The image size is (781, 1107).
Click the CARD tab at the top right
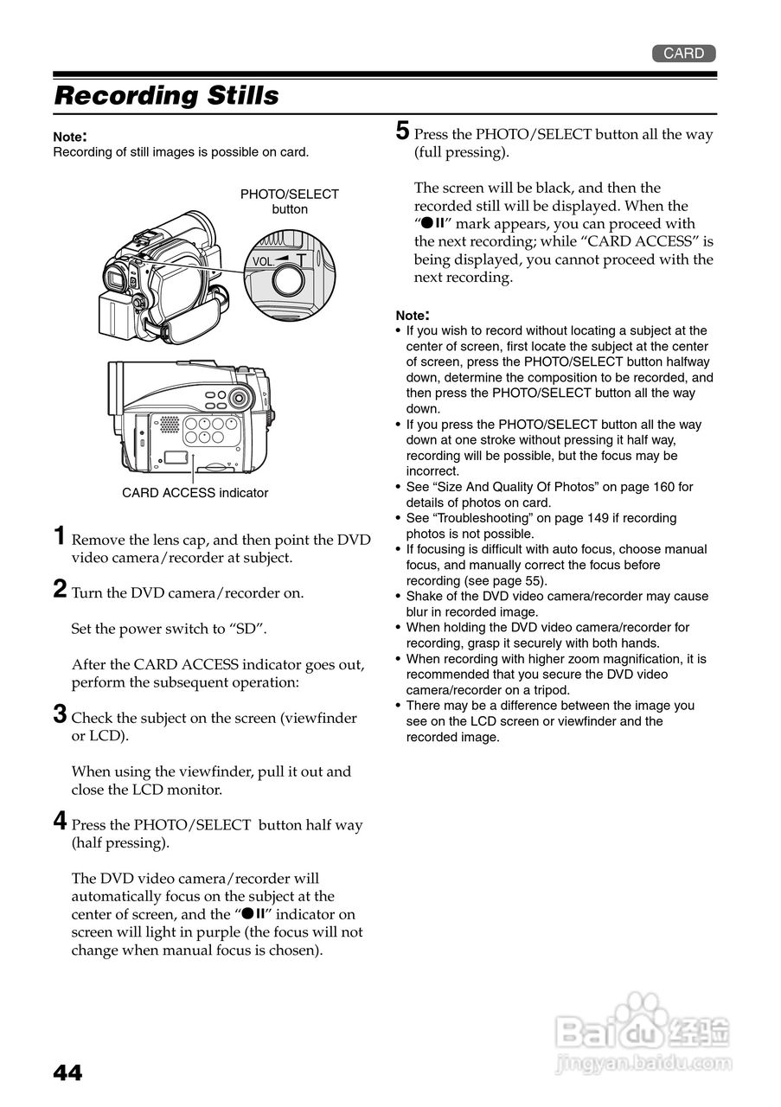(x=683, y=54)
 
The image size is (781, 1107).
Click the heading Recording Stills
(x=166, y=95)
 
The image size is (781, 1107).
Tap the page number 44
(x=67, y=1073)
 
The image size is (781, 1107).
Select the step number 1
(x=59, y=536)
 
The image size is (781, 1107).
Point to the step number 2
(x=60, y=590)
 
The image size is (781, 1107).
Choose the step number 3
(x=60, y=714)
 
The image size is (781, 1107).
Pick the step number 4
(x=60, y=821)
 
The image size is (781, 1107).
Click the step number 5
(x=402, y=131)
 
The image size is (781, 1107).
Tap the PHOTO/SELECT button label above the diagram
(x=289, y=202)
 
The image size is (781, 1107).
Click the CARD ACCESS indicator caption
(x=195, y=493)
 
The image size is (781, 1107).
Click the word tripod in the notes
(x=550, y=690)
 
